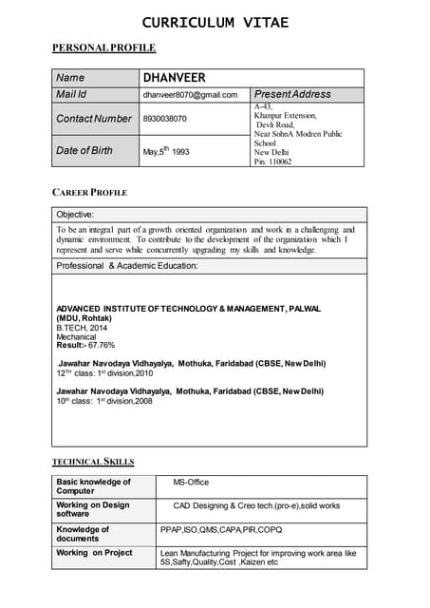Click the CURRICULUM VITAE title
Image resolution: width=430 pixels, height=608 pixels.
pyautogui.click(x=215, y=22)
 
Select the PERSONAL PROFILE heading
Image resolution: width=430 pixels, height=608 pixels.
pyautogui.click(x=103, y=47)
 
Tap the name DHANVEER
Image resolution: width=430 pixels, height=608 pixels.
pyautogui.click(x=174, y=78)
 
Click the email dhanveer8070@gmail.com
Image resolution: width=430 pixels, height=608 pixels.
pyautogui.click(x=190, y=95)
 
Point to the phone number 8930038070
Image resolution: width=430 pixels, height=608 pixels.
pyautogui.click(x=165, y=119)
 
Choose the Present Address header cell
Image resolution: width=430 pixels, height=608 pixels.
pyautogui.click(x=292, y=95)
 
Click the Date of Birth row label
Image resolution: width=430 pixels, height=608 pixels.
pyautogui.click(x=84, y=150)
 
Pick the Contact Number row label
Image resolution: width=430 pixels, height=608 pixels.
pyautogui.click(x=94, y=119)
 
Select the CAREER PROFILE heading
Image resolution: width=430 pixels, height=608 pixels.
pyautogui.click(x=89, y=193)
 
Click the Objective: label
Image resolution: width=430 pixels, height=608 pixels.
pyautogui.click(x=75, y=215)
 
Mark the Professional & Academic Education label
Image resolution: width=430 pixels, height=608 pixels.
pyautogui.click(x=126, y=266)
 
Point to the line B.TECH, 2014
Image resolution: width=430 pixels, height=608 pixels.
pyautogui.click(x=84, y=328)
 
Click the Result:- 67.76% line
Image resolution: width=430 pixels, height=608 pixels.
pyautogui.click(x=85, y=346)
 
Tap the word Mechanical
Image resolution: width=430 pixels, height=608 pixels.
pyautogui.click(x=76, y=337)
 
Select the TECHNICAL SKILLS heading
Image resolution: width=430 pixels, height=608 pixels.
pyautogui.click(x=93, y=462)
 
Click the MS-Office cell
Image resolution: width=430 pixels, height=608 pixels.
pyautogui.click(x=191, y=483)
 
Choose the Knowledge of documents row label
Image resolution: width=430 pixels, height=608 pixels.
pyautogui.click(x=83, y=534)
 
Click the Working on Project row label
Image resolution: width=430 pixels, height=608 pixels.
pyautogui.click(x=94, y=552)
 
